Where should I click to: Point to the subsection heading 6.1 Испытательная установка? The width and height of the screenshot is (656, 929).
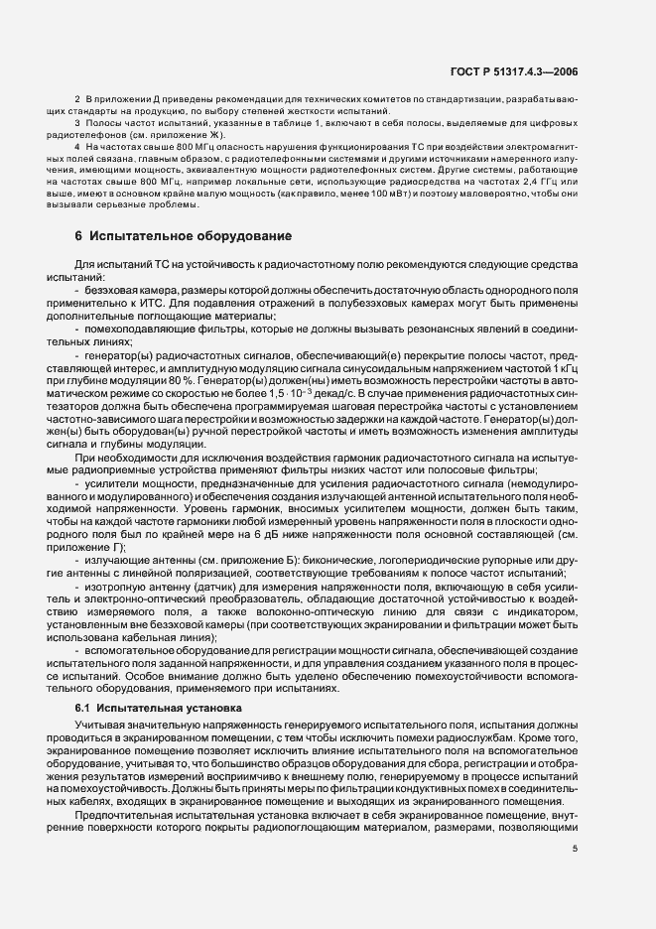tap(159, 709)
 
